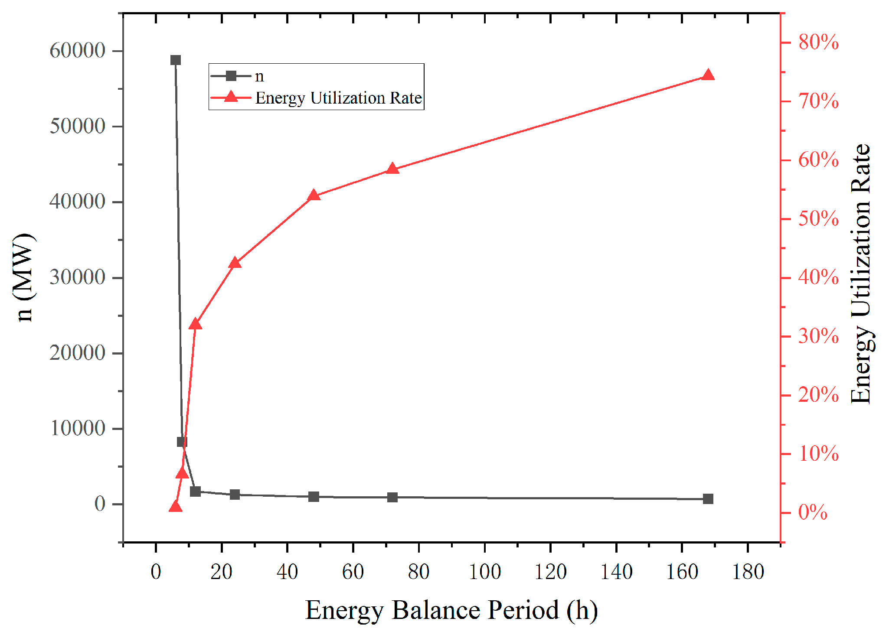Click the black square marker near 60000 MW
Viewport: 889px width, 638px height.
(x=175, y=60)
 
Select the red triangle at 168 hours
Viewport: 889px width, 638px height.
(x=708, y=75)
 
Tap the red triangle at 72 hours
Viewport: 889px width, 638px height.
(x=392, y=169)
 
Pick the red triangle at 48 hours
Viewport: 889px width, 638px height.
(x=314, y=195)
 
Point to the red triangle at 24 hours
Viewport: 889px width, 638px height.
(x=235, y=263)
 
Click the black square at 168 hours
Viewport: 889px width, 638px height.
(x=708, y=499)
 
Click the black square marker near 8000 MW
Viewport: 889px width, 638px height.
(x=182, y=442)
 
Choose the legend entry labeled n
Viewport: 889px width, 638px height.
(x=259, y=76)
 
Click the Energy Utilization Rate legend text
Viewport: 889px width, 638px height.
(x=338, y=98)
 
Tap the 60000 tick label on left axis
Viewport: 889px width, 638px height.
(x=78, y=51)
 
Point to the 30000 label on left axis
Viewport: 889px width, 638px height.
(x=78, y=277)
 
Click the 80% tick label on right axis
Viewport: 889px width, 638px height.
(x=818, y=42)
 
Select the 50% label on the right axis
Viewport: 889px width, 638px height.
(x=818, y=219)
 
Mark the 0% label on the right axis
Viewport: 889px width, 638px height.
(x=813, y=513)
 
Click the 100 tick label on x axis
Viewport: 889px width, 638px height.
(x=484, y=572)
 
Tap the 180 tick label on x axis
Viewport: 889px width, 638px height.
(x=748, y=572)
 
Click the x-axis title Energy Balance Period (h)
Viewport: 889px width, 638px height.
(x=451, y=610)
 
